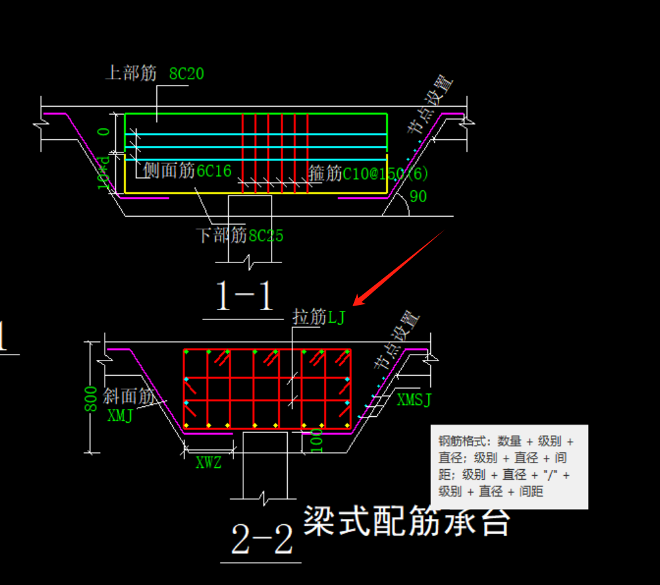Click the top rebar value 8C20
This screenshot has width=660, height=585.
coord(186,74)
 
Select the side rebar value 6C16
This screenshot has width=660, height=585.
coord(214,171)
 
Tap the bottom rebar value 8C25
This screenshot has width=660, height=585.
coord(266,236)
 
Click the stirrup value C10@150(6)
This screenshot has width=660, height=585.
coord(386,174)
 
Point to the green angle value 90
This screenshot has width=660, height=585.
coord(418,196)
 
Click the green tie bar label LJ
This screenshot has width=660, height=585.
coord(336,318)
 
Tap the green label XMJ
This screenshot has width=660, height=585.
coord(120,415)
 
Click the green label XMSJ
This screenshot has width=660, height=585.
coord(414,400)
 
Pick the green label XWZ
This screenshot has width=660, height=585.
coord(209,463)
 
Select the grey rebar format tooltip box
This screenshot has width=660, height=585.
coord(509,467)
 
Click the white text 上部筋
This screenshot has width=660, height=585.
coord(131,73)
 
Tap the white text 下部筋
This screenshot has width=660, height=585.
coord(222,235)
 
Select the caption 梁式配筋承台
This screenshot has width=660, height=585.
coord(406,522)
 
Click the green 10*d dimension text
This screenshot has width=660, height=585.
coord(103,173)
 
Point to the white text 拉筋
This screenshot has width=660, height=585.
coord(309,317)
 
